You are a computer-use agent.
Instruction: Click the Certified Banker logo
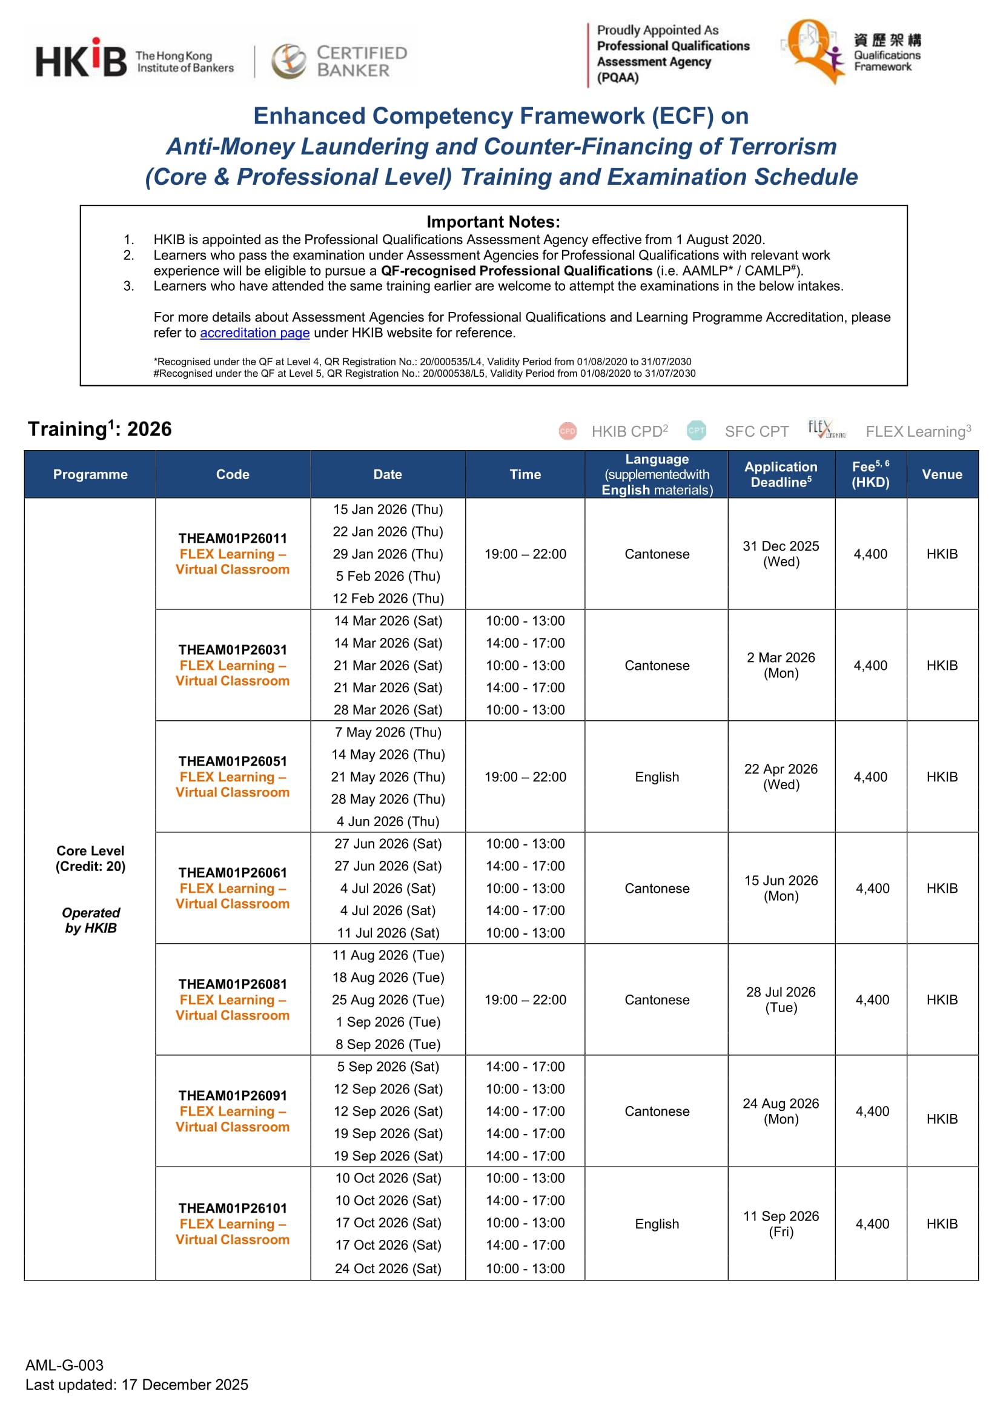tap(339, 61)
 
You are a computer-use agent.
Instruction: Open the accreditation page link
tap(254, 333)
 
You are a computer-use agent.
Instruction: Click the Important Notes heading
tap(493, 222)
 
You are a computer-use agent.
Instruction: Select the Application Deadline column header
tap(781, 474)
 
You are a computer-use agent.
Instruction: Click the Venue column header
tap(941, 474)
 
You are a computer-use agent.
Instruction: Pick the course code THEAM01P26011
tap(232, 538)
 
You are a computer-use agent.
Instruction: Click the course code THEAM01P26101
tap(232, 1208)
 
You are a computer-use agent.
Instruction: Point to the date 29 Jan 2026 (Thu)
tap(388, 554)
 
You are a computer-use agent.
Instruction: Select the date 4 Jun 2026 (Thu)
tap(388, 821)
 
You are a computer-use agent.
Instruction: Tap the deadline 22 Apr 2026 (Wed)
tap(781, 777)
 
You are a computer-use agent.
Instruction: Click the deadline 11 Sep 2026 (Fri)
tap(781, 1224)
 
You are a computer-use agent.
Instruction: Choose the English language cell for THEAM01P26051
tap(657, 777)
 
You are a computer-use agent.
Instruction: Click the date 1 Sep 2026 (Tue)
tap(388, 1022)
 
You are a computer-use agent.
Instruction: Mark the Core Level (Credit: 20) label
tap(90, 858)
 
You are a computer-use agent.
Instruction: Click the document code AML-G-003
tap(64, 1365)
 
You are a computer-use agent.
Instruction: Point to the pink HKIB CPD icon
tap(567, 431)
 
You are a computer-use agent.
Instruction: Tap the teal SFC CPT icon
tap(696, 431)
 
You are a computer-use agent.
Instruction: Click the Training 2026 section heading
tap(99, 429)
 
